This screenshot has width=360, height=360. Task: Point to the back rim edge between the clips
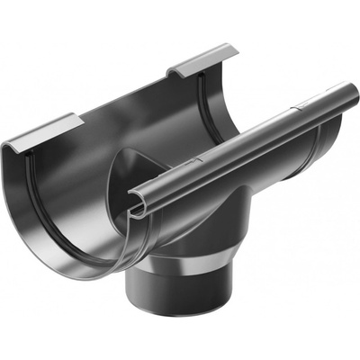[x=126, y=94]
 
